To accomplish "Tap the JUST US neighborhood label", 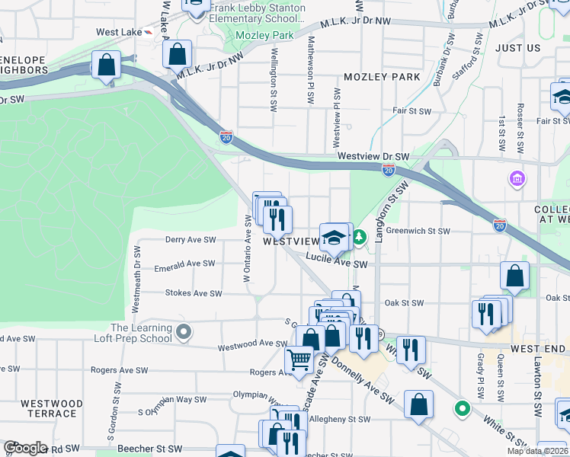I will point(517,48).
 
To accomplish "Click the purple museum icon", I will point(517,179).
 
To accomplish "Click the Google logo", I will point(25,448).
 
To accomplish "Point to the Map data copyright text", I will point(538,452).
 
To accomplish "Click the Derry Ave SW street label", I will point(191,240).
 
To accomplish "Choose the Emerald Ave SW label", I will point(184,264).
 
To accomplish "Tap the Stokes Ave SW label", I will point(194,292).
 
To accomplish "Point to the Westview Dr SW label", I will point(373,157).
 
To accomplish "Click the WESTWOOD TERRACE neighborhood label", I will point(52,408).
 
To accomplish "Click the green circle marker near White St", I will point(462,408).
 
